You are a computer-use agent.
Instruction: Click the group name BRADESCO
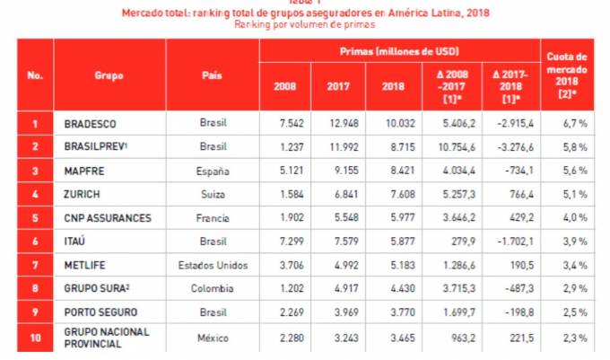[91, 123]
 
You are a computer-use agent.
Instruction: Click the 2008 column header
[285, 86]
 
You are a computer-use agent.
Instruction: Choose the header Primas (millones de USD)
[399, 51]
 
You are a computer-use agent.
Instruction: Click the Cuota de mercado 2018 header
[570, 75]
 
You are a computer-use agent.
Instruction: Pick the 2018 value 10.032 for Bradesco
[393, 123]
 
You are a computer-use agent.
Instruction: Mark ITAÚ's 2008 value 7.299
[285, 241]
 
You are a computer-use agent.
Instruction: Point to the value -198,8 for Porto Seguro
[509, 312]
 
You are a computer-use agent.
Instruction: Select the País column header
[213, 75]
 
